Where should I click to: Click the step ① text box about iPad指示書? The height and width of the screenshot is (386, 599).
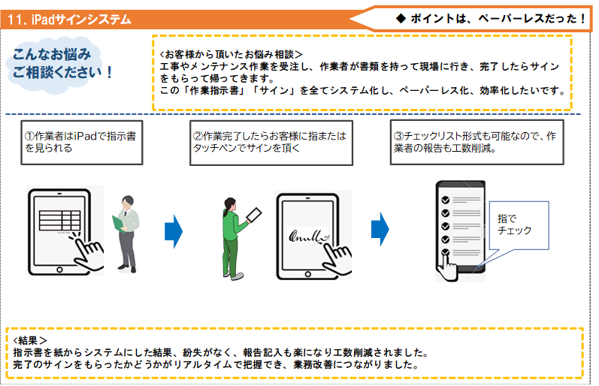click(80, 142)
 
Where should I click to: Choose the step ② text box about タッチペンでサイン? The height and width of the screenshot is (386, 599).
click(270, 142)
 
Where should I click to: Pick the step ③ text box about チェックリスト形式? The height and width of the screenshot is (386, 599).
click(475, 142)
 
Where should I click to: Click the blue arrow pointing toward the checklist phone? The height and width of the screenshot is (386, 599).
click(380, 225)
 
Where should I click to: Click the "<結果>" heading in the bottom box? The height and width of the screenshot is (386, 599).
click(31, 340)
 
